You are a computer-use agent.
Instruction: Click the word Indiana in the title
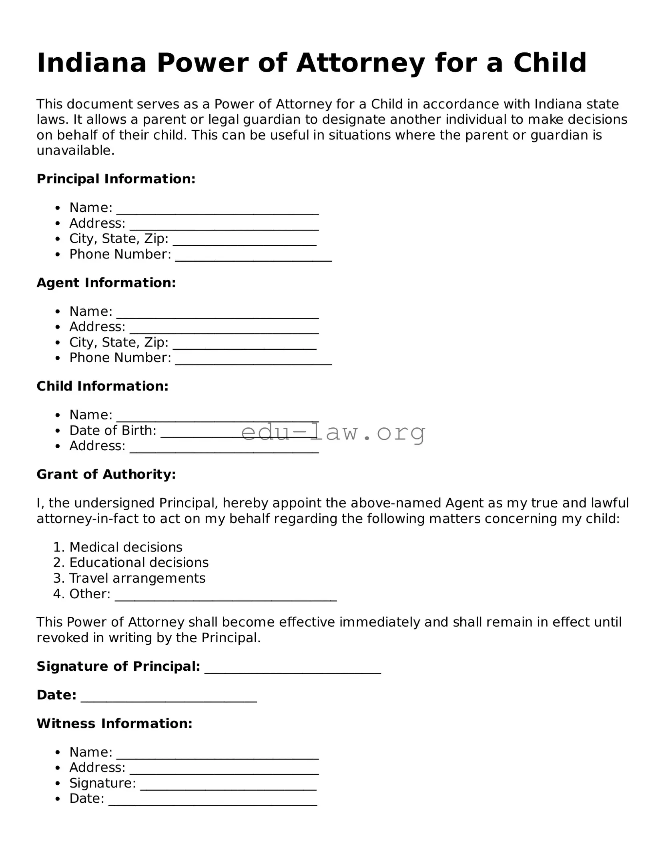[x=92, y=63]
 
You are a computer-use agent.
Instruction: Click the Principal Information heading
[x=116, y=179]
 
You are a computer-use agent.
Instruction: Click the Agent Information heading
[x=106, y=283]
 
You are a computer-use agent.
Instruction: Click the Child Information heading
[x=102, y=386]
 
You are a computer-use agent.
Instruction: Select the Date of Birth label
[x=113, y=431]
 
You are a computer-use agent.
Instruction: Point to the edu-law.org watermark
[x=333, y=432]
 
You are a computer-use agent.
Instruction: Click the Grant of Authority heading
[x=106, y=475]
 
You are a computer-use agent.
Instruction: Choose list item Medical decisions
[x=126, y=547]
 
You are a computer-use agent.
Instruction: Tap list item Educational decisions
[x=139, y=563]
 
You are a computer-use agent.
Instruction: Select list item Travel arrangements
[x=137, y=578]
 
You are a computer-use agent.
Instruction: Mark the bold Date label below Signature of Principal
[x=56, y=695]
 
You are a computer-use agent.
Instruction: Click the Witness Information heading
[x=114, y=724]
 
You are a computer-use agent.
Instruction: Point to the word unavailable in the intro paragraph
[x=75, y=150]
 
